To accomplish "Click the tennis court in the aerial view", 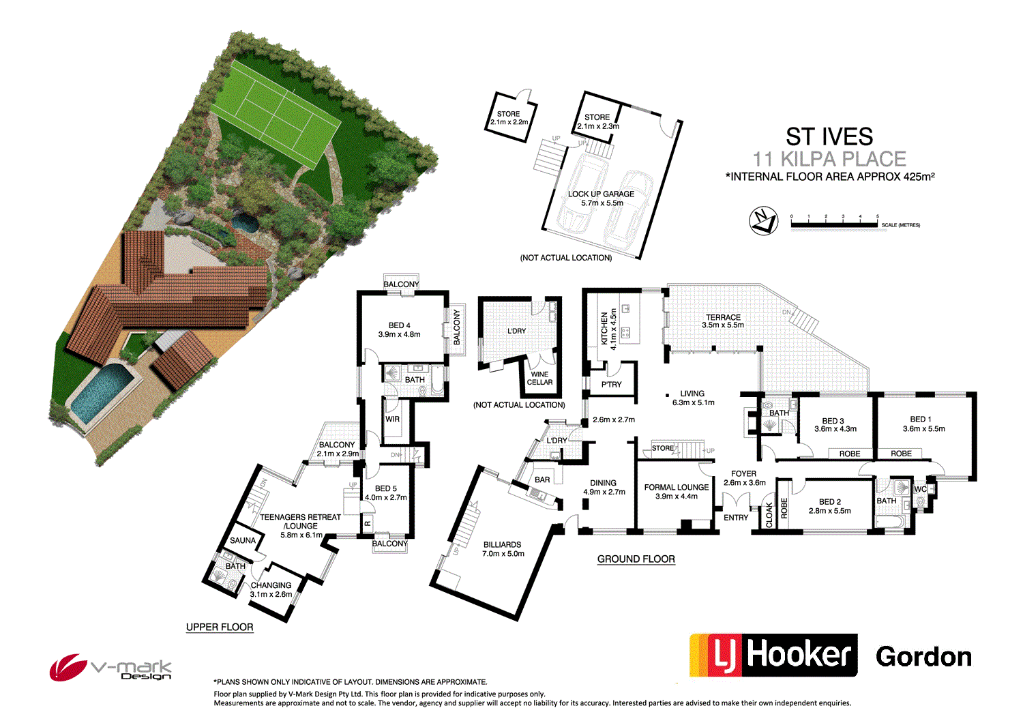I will coord(274,113).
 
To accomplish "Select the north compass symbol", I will coord(764,221).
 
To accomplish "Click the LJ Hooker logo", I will coord(773,655).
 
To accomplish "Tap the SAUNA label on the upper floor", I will coord(243,541).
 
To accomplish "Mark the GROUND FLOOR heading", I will coord(636,559).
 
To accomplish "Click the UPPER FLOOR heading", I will coord(220,628).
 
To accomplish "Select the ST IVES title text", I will coord(829,136).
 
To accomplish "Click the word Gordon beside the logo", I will coord(923,657).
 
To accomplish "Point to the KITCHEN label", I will coord(604,329).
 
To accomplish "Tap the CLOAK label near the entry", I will coord(769,514).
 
